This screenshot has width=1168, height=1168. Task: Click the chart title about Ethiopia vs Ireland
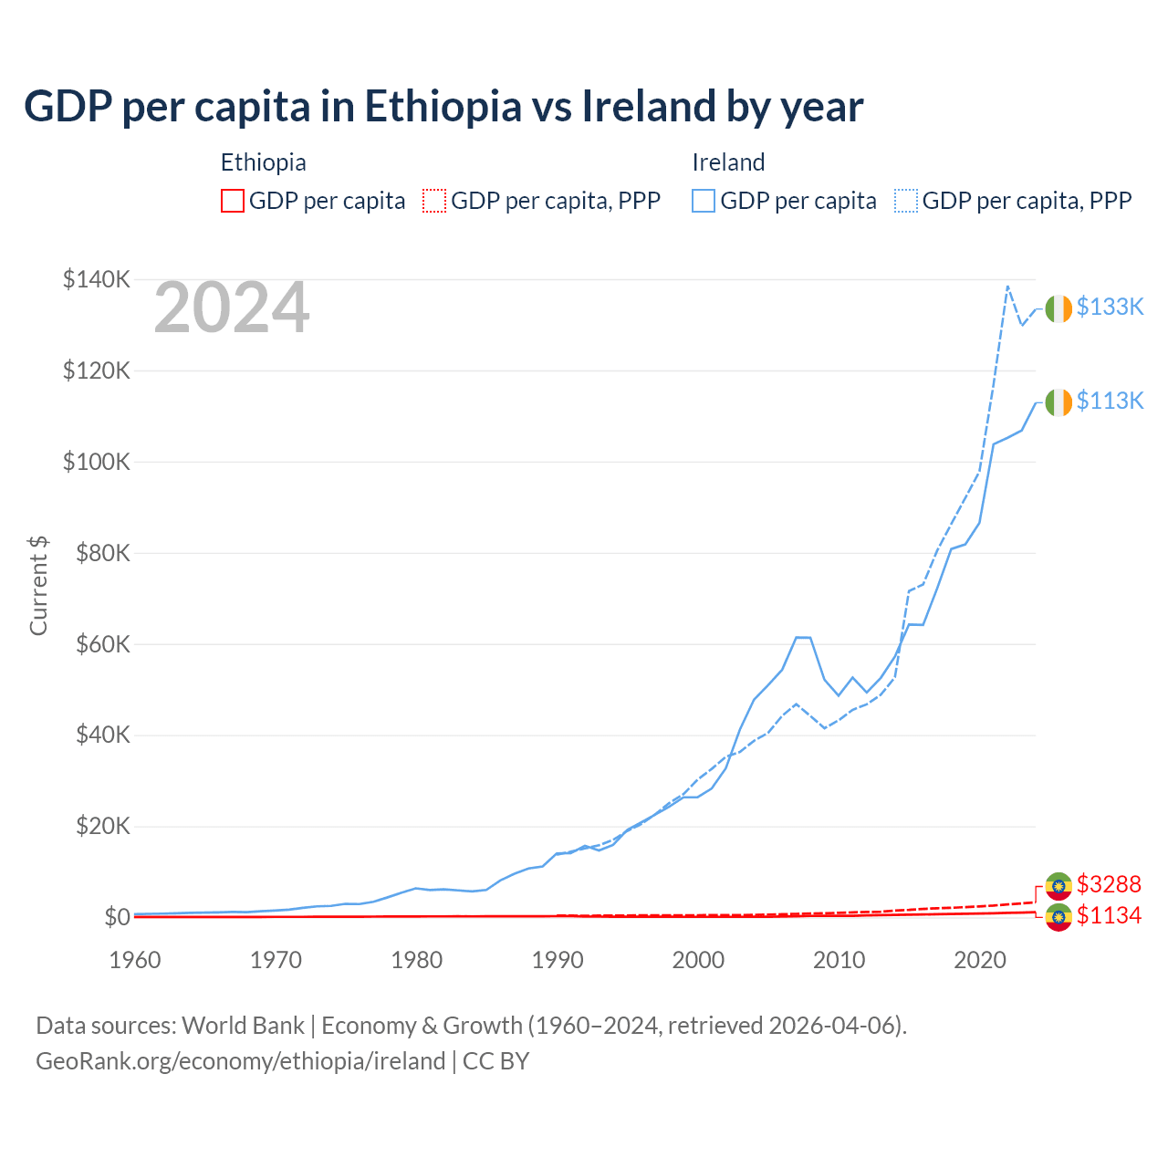(443, 107)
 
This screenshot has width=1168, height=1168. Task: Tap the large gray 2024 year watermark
(232, 308)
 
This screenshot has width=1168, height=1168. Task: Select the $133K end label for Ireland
(1110, 307)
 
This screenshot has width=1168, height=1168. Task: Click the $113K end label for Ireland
(1110, 401)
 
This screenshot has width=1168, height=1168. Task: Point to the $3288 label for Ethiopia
(1109, 884)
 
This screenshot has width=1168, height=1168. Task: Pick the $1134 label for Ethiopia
(1109, 915)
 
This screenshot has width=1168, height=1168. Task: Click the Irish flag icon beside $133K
(1058, 309)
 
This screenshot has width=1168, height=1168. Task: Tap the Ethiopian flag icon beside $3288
(1058, 885)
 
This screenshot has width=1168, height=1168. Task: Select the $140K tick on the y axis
(97, 279)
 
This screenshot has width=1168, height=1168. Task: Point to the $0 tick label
(117, 917)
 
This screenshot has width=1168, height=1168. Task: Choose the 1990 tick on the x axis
(558, 960)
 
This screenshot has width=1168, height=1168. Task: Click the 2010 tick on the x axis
(839, 960)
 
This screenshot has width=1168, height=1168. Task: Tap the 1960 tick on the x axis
(135, 960)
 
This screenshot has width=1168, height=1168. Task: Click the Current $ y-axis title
(38, 586)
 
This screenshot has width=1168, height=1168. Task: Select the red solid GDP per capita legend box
(233, 201)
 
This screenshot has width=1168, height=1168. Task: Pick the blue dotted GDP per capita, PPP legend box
(906, 201)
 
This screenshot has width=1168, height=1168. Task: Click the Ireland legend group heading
(728, 162)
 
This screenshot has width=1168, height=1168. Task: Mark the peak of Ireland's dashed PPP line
(1007, 287)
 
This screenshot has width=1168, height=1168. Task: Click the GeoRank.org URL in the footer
(240, 1061)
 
